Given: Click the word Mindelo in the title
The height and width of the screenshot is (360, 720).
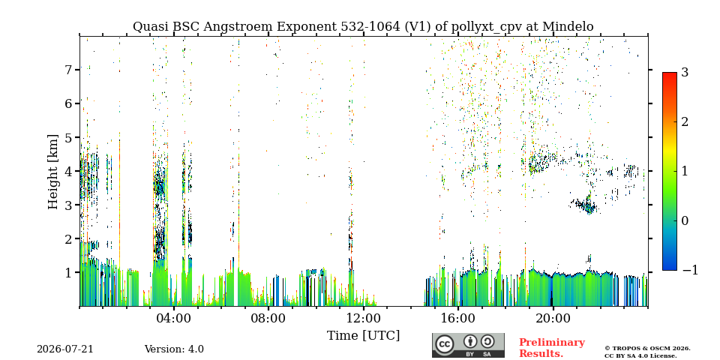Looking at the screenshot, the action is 568,27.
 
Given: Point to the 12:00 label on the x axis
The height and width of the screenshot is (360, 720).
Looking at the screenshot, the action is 363,318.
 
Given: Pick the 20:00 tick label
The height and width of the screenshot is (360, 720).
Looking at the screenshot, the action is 553,318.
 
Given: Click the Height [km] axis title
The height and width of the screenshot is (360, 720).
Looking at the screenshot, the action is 53,172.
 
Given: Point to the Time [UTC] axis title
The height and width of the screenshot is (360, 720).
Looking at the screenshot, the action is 363,336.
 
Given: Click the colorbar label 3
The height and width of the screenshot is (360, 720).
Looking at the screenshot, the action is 685,73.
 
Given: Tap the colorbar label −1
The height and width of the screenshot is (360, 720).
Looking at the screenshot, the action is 689,270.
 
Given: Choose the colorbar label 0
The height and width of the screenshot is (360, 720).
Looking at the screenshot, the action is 685,220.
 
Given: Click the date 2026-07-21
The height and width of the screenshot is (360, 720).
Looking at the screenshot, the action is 65,349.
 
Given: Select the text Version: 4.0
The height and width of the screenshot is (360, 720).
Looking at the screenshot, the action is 174,349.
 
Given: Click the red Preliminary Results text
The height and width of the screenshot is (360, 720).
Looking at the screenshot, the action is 552,348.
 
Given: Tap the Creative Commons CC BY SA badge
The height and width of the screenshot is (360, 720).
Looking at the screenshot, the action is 468,345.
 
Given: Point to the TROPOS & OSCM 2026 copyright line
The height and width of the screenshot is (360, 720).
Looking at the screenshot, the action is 647,349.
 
